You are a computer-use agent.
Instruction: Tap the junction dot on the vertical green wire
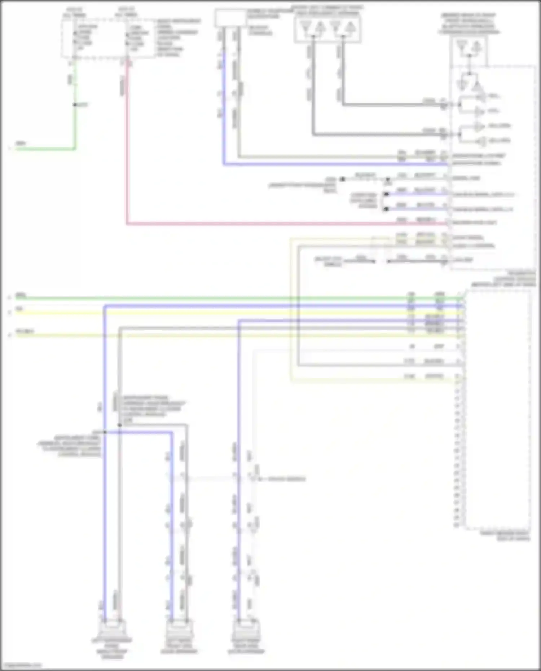click(75, 105)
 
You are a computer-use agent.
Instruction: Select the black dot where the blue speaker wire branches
click(105, 432)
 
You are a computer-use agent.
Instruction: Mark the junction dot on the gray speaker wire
click(120, 425)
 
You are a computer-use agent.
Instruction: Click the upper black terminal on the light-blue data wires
click(386, 194)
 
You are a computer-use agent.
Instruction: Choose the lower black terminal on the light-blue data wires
click(386, 209)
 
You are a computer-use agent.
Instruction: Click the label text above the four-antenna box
click(327, 10)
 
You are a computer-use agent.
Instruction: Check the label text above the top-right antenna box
click(469, 24)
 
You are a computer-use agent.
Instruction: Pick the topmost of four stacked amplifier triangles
click(480, 96)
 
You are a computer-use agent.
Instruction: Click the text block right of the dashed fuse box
click(177, 38)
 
